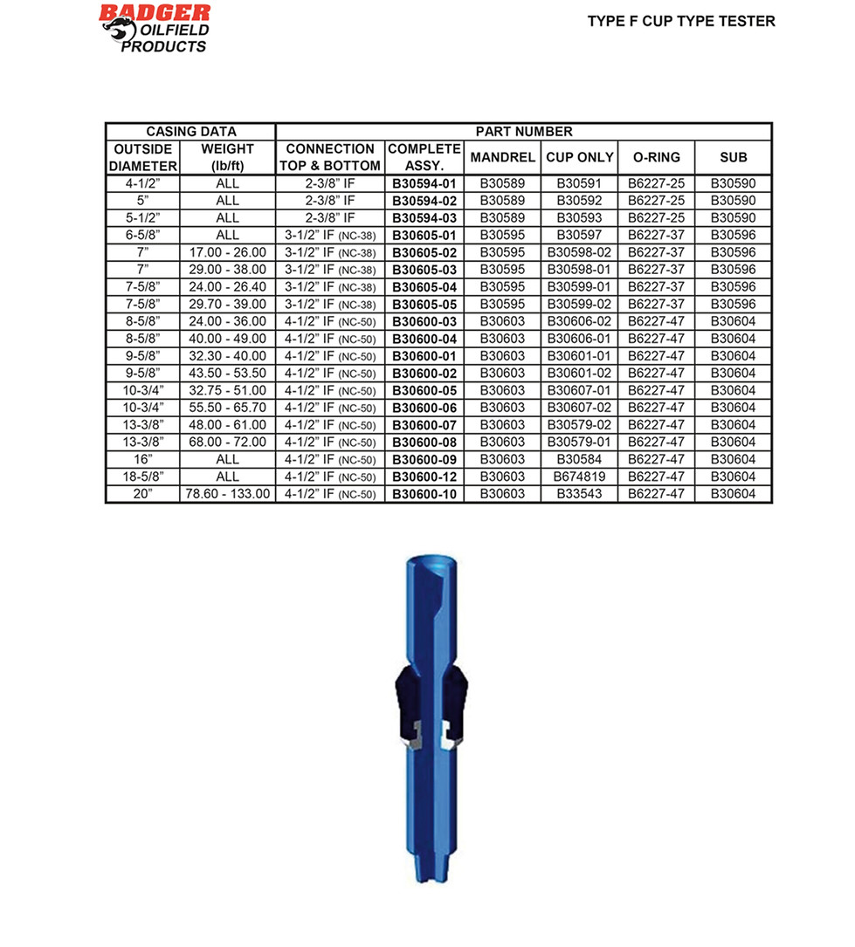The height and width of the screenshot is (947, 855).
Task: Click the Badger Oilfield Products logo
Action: (155, 28)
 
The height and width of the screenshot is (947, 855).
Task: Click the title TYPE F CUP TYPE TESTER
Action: (681, 21)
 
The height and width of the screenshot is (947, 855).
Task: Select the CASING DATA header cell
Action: (190, 132)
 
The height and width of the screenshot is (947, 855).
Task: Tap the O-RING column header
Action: (656, 158)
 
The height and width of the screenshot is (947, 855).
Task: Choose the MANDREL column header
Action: (502, 158)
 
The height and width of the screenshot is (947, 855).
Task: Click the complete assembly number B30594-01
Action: (424, 184)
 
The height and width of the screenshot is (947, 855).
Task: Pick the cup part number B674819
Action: (579, 477)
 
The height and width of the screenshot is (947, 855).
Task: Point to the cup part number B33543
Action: (579, 494)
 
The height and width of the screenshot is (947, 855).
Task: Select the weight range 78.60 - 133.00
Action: (228, 494)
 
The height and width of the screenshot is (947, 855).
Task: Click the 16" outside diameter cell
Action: (142, 459)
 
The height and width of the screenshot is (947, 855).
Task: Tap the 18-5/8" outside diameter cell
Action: (142, 477)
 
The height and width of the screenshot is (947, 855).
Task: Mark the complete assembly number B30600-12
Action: (424, 477)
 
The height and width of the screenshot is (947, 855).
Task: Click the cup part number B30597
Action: (579, 236)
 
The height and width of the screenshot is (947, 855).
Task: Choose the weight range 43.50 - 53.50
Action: (228, 373)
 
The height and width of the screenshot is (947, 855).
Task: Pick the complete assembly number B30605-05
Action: (424, 304)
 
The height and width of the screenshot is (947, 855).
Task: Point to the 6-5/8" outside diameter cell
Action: (142, 236)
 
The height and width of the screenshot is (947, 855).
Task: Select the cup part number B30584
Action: (579, 459)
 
